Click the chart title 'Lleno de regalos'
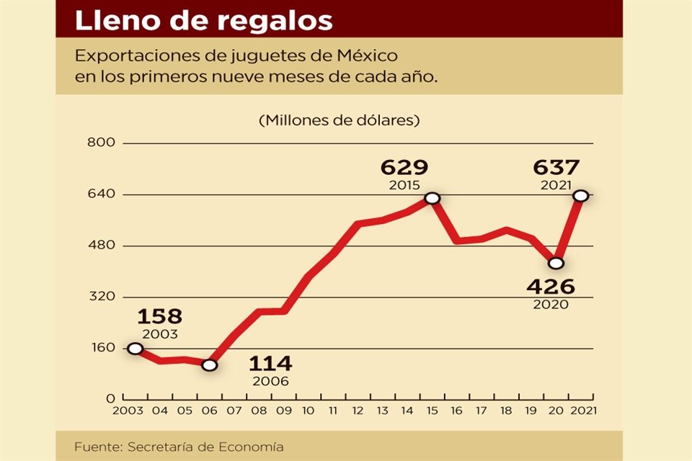click(x=204, y=20)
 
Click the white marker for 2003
click(x=135, y=349)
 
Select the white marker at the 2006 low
click(x=209, y=365)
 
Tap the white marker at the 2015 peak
click(x=432, y=198)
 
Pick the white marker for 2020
click(x=556, y=263)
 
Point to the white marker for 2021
click(x=580, y=196)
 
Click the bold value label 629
click(x=404, y=168)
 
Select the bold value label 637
click(x=556, y=168)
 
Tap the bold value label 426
click(x=551, y=287)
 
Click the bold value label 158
click(x=159, y=316)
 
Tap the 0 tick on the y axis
click(x=110, y=399)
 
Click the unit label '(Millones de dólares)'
click(x=339, y=120)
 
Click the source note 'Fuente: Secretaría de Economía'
click(x=179, y=447)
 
